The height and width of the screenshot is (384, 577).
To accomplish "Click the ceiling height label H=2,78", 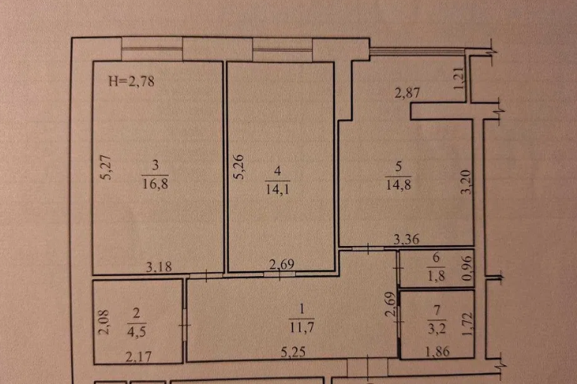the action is (131, 81).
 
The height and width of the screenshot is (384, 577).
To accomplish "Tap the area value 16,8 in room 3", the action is (155, 183).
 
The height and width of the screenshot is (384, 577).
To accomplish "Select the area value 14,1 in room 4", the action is (277, 189).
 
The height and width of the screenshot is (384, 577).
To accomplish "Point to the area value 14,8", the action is (398, 184).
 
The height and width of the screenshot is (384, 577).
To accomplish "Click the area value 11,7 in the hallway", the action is (302, 327).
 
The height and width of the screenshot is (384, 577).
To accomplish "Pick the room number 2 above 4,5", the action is (137, 313).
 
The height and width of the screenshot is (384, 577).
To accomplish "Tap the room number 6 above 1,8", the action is (436, 257).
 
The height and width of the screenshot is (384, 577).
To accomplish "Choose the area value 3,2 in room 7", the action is (437, 328).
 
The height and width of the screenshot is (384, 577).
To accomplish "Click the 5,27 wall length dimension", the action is (106, 167).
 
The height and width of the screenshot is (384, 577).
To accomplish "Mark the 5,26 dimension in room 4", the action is (239, 166).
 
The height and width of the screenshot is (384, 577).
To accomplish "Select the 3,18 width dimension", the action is (159, 266).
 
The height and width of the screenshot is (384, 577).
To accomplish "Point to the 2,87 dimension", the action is (407, 92).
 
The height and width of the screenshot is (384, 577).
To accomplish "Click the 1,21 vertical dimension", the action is (459, 78).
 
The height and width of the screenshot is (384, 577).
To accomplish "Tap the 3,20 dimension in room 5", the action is (466, 181).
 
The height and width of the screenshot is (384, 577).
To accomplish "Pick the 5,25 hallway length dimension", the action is (293, 352).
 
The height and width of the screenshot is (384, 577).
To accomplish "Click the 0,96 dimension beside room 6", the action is (467, 268).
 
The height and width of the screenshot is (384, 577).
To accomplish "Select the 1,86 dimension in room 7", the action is (437, 352).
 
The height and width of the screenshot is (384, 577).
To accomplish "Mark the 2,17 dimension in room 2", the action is (138, 356).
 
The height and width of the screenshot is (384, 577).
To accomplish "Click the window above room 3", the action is (152, 49).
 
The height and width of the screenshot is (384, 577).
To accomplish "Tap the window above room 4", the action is (282, 49).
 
